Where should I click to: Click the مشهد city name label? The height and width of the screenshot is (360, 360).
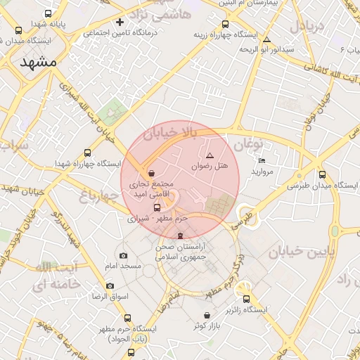point(38,61)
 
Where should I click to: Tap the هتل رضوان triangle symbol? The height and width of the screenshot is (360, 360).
point(210,155)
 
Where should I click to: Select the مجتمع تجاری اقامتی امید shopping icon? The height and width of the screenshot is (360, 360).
point(153,172)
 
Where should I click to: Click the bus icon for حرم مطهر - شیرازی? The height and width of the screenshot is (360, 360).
point(157,207)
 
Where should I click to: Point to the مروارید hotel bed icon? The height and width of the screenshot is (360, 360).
point(262,161)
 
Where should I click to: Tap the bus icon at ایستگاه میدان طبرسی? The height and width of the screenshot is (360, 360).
point(322,174)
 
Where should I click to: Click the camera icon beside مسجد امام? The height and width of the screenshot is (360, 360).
point(124,255)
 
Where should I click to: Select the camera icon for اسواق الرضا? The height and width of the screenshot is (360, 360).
point(110,285)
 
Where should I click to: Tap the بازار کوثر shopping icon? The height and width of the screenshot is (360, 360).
point(208,315)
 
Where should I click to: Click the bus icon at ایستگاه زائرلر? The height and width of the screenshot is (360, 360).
point(247,298)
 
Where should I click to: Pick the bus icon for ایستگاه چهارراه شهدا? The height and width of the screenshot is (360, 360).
point(87,153)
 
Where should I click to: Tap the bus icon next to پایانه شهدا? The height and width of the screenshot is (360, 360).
point(48,13)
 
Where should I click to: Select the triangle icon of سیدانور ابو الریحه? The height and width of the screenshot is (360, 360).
point(266,39)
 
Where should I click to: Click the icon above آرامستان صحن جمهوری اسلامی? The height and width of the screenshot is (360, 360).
point(181,235)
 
